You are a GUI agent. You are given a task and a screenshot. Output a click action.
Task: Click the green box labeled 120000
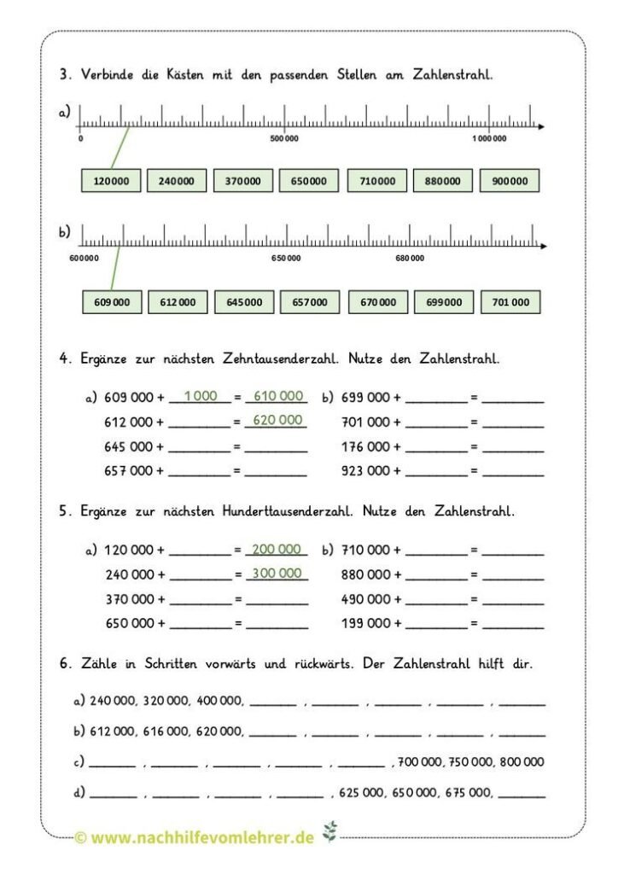(111, 181)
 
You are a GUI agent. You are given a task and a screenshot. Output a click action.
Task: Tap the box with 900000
(510, 181)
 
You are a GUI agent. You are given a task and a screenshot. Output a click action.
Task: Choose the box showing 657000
(310, 302)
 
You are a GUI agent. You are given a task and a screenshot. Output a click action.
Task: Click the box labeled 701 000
(510, 302)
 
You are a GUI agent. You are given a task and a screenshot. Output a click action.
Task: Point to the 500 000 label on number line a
(284, 138)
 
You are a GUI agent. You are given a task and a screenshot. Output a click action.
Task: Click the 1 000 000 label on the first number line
(488, 138)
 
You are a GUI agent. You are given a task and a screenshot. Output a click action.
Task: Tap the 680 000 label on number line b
(409, 258)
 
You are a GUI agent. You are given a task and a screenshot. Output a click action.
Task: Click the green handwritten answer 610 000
(278, 395)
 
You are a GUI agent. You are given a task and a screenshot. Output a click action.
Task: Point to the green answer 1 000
(201, 395)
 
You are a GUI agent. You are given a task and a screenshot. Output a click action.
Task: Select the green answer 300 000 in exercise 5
(277, 573)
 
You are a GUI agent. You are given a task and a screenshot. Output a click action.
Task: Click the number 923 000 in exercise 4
(365, 470)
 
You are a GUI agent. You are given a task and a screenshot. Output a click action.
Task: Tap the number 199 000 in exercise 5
(365, 623)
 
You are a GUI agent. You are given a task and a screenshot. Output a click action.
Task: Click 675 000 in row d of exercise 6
(466, 793)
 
